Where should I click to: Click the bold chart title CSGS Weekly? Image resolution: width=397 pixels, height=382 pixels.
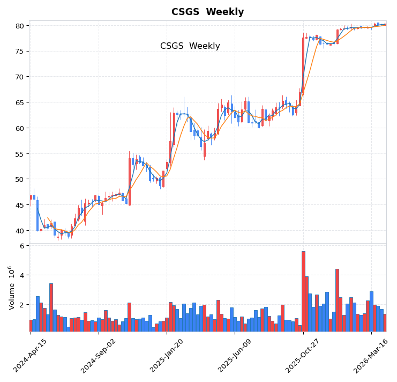tap(207, 12)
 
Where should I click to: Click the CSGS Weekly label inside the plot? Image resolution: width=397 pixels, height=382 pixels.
tap(190, 46)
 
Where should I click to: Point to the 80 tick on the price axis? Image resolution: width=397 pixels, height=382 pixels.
tap(19, 26)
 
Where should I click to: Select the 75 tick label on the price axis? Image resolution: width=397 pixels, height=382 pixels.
tap(19, 52)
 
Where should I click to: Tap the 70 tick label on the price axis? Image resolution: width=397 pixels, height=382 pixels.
tap(19, 77)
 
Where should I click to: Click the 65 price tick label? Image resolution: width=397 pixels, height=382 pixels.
tap(19, 102)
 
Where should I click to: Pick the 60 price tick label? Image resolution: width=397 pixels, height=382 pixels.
tap(19, 128)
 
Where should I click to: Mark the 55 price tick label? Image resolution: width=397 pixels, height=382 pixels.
tap(19, 154)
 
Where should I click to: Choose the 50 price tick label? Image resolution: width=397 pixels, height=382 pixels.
tap(19, 179)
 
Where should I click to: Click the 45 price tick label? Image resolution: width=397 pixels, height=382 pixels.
tap(19, 205)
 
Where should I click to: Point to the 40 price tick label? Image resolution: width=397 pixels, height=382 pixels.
tap(19, 231)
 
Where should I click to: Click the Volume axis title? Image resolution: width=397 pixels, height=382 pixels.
tap(11, 288)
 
